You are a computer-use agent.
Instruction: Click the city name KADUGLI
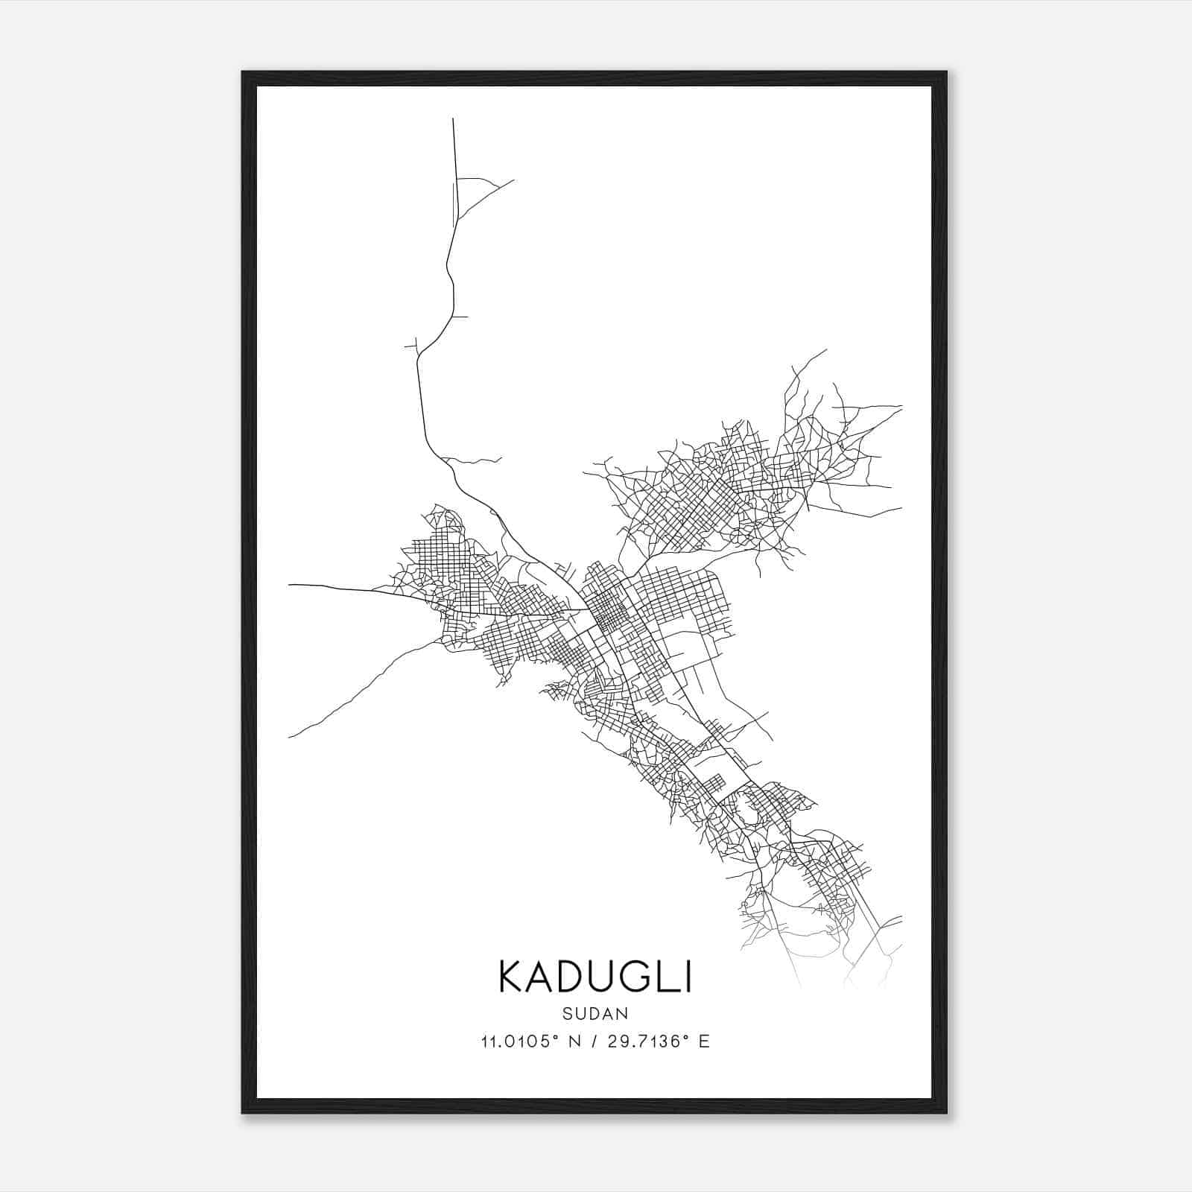(595, 977)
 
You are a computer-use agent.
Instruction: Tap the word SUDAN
(595, 1013)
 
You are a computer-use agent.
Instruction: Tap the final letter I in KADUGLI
(688, 977)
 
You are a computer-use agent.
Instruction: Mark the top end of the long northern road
(453, 119)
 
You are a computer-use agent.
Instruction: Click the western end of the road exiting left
(290, 585)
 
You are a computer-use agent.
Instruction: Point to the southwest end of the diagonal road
(290, 737)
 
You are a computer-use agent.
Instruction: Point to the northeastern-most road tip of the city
(825, 349)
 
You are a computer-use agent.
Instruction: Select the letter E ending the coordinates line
(704, 1042)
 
